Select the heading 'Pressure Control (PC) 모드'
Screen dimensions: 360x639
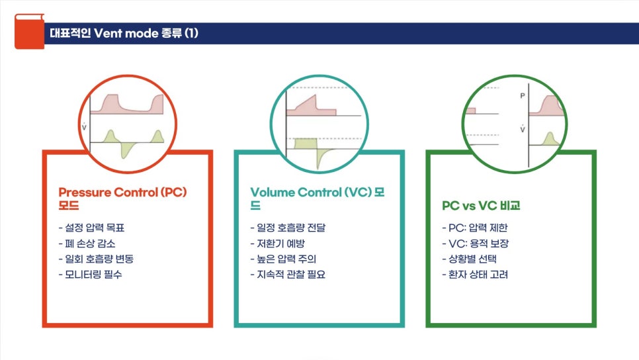122,199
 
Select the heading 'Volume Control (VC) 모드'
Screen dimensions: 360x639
318,199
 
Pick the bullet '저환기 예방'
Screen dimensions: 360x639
278,243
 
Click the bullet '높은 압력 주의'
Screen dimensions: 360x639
282,259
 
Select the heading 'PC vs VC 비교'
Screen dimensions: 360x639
481,206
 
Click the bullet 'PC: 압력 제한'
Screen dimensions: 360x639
475,228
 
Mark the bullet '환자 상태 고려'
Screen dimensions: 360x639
475,274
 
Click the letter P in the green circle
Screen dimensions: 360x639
522,96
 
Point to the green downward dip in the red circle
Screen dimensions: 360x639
124,152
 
